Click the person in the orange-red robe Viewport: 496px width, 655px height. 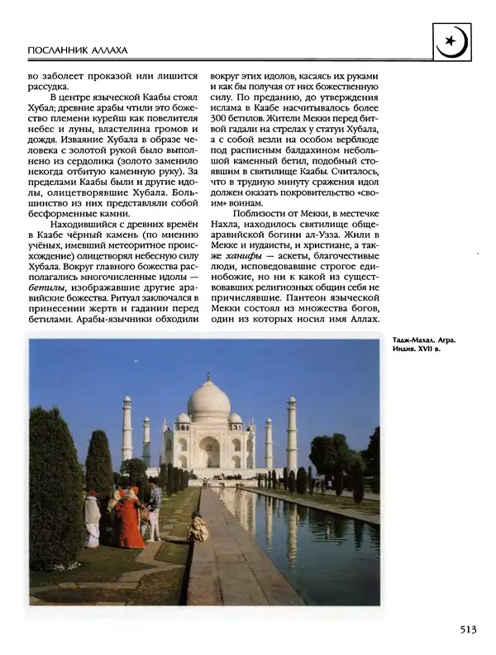pyautogui.click(x=130, y=520)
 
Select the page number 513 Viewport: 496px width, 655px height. pyautogui.click(x=466, y=630)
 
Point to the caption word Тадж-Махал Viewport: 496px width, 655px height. pyautogui.click(x=408, y=339)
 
